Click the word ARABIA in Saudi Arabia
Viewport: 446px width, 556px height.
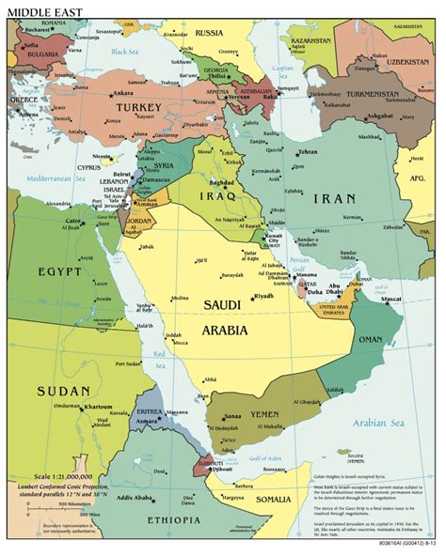click(x=224, y=330)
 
